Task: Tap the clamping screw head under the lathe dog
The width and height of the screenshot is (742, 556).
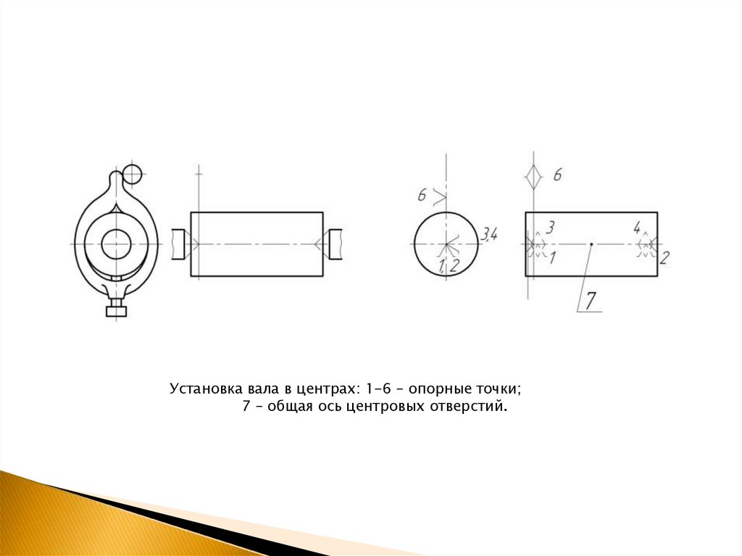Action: tap(117, 311)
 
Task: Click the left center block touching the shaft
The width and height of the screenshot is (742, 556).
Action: tap(178, 244)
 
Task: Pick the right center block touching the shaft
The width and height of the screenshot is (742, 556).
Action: tap(335, 244)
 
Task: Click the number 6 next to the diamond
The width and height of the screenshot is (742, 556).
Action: tap(557, 175)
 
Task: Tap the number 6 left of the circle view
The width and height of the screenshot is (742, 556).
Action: tap(422, 195)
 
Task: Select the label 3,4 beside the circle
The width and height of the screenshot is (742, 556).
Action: tap(489, 234)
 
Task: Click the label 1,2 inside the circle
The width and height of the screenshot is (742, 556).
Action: tap(449, 266)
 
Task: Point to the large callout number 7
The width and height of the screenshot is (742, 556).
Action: tap(591, 300)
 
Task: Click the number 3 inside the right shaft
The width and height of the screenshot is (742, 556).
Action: tap(550, 228)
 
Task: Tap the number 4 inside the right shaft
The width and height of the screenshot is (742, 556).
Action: tap(638, 228)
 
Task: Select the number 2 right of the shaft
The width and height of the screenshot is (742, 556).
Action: tap(664, 258)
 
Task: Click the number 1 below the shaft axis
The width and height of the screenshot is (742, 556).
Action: tap(552, 258)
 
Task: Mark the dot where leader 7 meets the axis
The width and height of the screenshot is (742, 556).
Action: tap(591, 244)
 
